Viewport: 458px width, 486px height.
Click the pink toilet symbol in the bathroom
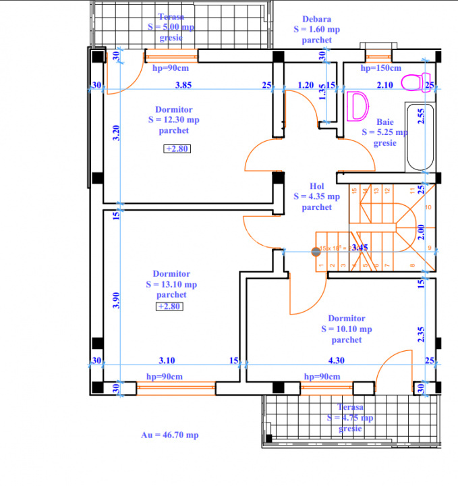click(x=413, y=82)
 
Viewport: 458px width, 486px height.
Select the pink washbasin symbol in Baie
click(x=359, y=107)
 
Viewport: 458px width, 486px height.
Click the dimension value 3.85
click(x=184, y=86)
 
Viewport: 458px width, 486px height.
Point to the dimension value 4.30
click(x=336, y=361)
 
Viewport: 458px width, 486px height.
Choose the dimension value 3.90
click(x=116, y=301)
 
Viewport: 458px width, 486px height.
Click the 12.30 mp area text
click(x=173, y=120)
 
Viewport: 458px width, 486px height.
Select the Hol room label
click(x=317, y=186)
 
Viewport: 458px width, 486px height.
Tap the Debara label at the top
click(x=316, y=20)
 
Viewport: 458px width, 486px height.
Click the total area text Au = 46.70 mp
click(x=169, y=435)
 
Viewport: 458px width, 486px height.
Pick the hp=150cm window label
click(x=380, y=68)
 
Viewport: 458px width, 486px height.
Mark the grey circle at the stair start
click(x=315, y=252)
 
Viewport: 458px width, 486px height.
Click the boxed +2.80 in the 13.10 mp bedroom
click(x=170, y=306)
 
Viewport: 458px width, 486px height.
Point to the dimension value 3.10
click(x=167, y=361)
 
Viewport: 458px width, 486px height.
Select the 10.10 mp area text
click(x=346, y=329)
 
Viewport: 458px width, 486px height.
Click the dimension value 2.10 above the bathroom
click(x=384, y=85)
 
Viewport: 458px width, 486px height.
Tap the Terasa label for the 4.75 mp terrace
click(x=350, y=407)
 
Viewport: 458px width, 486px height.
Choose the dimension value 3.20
click(x=116, y=132)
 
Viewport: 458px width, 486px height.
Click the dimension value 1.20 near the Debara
click(x=306, y=85)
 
